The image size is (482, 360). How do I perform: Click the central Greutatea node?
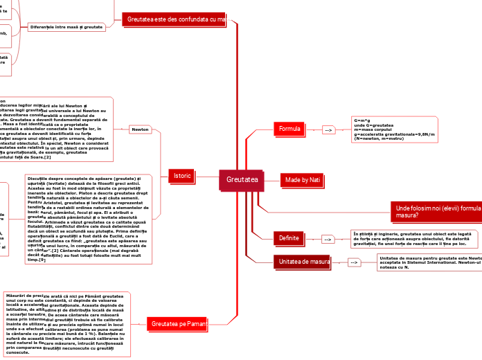242,180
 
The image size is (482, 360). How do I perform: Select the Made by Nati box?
303,180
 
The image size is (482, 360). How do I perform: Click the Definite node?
289,238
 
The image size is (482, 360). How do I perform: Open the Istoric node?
182,177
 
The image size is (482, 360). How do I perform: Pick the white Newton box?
140,129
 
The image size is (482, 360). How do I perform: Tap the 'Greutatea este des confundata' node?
176,19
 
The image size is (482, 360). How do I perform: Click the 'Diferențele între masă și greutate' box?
66,26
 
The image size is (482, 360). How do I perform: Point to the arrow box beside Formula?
328,129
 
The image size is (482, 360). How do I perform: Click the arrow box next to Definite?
328,239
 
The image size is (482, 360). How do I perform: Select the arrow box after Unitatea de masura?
354,263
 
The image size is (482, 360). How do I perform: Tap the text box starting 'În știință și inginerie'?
413,239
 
